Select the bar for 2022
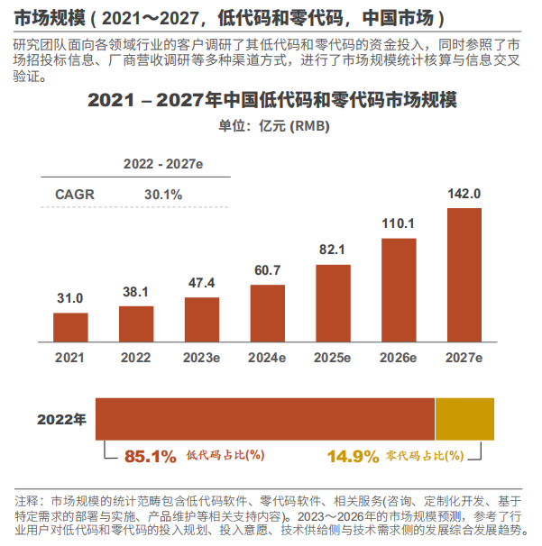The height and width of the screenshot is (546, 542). coord(136,323)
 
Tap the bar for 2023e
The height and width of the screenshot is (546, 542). coord(202,318)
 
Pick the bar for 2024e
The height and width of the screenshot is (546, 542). coord(268,312)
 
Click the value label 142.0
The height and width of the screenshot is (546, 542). coord(464,194)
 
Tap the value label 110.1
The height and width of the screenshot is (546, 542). coord(399,223)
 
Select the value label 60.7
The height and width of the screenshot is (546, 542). coord(268,269)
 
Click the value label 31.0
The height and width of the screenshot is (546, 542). coord(70,298)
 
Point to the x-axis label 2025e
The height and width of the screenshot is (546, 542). coord(333,358)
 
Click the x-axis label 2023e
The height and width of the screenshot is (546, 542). coord(202,358)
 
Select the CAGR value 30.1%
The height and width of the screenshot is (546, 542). coord(163,194)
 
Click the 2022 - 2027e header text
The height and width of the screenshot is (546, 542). coord(163,164)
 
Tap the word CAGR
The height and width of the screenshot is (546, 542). coord(75,194)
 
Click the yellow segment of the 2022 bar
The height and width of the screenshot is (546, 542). coord(464,418)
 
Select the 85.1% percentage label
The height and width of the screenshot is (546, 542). coord(150,456)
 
